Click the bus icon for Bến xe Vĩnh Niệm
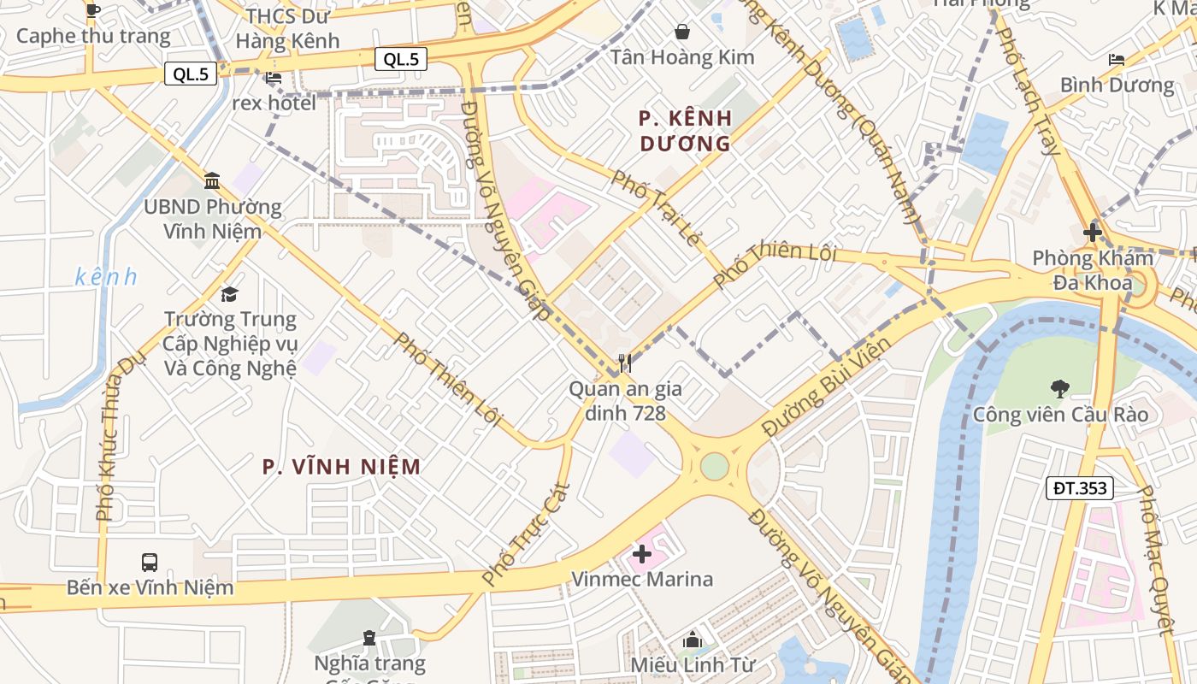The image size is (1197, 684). [150, 563]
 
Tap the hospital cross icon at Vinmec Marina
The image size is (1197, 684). [641, 554]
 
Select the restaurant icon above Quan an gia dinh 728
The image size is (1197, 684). [625, 363]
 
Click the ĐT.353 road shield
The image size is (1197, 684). [1080, 488]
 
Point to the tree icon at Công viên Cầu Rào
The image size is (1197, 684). [1059, 389]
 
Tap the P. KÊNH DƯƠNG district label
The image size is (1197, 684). [686, 130]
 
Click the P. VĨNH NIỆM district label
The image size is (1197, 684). [341, 467]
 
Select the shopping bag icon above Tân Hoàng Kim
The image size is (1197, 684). [682, 32]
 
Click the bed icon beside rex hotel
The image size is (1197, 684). [274, 78]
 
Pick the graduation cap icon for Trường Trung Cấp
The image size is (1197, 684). [229, 295]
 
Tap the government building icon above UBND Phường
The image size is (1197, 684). [212, 180]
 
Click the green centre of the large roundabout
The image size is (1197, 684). [714, 467]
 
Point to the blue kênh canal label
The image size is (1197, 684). [106, 277]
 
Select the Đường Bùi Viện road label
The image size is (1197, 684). [826, 386]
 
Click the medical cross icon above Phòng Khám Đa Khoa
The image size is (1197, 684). [1092, 232]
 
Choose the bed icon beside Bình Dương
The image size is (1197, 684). [1117, 59]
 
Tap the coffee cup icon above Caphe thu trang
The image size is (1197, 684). [93, 11]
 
